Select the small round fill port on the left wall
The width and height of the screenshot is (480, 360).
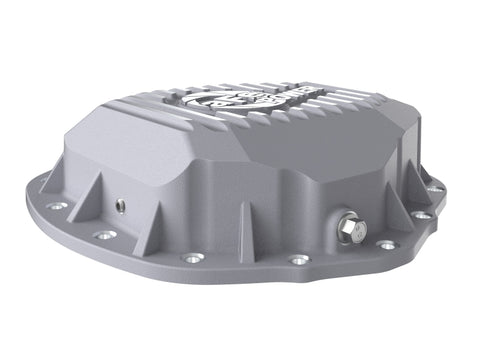click(120, 205)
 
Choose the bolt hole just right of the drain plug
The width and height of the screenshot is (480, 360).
click(386, 244)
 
